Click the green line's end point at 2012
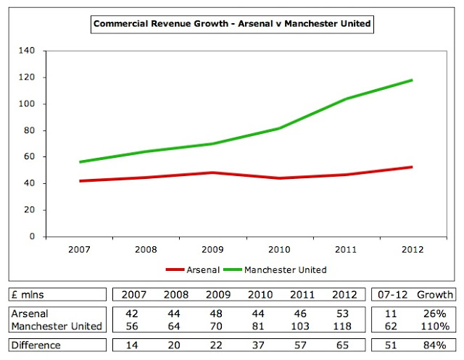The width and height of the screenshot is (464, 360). click(x=412, y=80)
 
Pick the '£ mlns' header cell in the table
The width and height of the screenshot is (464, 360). click(x=31, y=295)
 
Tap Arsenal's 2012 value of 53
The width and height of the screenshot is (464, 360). click(x=342, y=313)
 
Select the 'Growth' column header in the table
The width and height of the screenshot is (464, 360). click(x=435, y=295)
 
